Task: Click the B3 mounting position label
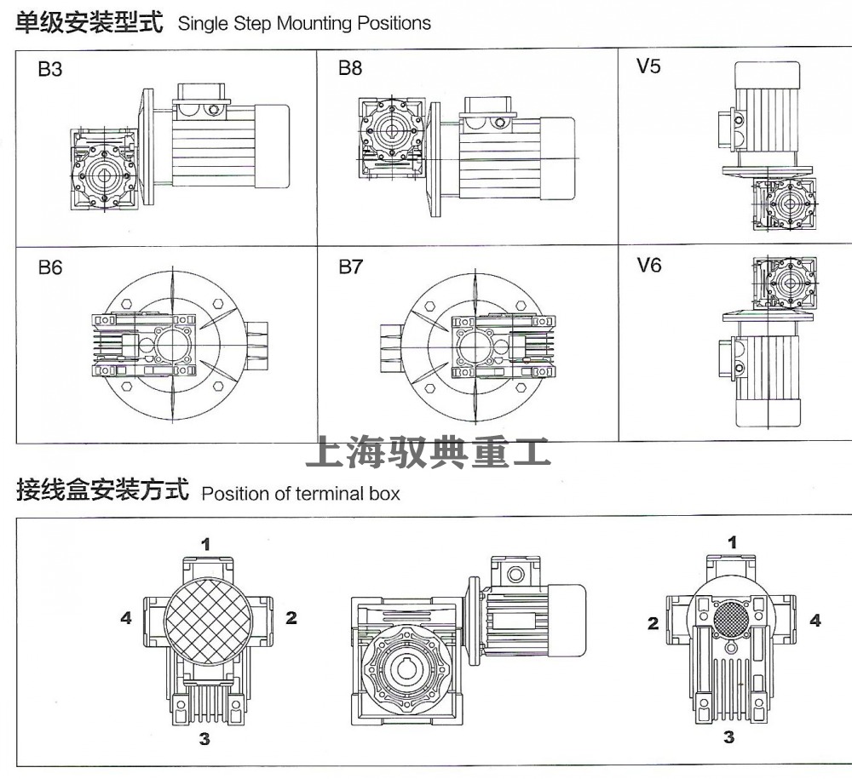click(50, 70)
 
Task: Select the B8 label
click(350, 68)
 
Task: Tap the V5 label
click(648, 66)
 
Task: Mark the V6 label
click(648, 266)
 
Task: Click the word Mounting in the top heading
click(314, 23)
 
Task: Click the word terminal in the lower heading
click(329, 493)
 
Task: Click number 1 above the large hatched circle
click(206, 542)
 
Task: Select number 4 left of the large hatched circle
click(126, 618)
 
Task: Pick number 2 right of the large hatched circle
click(291, 618)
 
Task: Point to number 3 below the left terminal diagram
click(204, 739)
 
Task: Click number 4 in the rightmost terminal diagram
click(815, 621)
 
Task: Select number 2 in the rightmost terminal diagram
click(653, 624)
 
